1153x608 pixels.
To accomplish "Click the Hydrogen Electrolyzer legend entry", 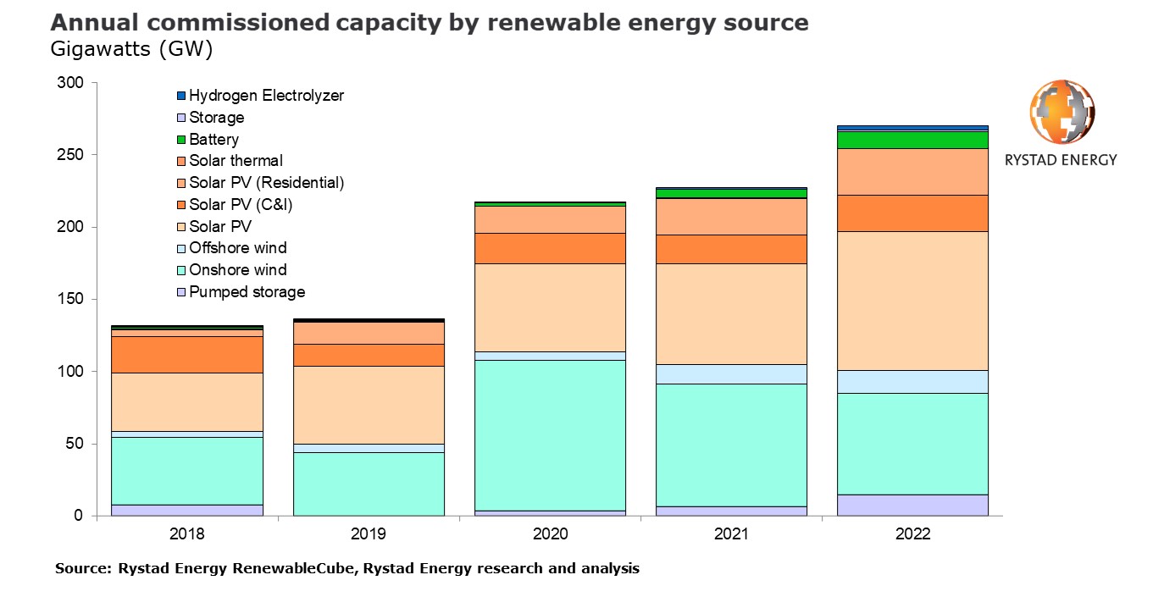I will (x=266, y=96).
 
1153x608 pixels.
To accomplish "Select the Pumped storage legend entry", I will (x=247, y=292).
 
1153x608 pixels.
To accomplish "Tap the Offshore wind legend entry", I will (x=237, y=248).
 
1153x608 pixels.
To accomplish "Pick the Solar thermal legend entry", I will (x=236, y=161).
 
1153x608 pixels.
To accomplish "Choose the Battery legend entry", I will (x=213, y=140).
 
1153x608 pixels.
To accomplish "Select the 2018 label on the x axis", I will (x=186, y=534).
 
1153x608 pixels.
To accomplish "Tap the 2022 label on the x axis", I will (x=912, y=534).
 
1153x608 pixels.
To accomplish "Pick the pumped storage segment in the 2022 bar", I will (x=912, y=505).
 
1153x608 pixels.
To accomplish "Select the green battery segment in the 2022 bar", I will (x=912, y=140).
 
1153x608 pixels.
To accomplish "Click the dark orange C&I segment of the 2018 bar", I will (x=186, y=355).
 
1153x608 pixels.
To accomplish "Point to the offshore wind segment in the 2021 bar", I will (x=731, y=374).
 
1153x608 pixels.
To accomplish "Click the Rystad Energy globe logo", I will (x=1062, y=113).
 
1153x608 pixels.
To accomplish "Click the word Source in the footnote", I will (x=81, y=569).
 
